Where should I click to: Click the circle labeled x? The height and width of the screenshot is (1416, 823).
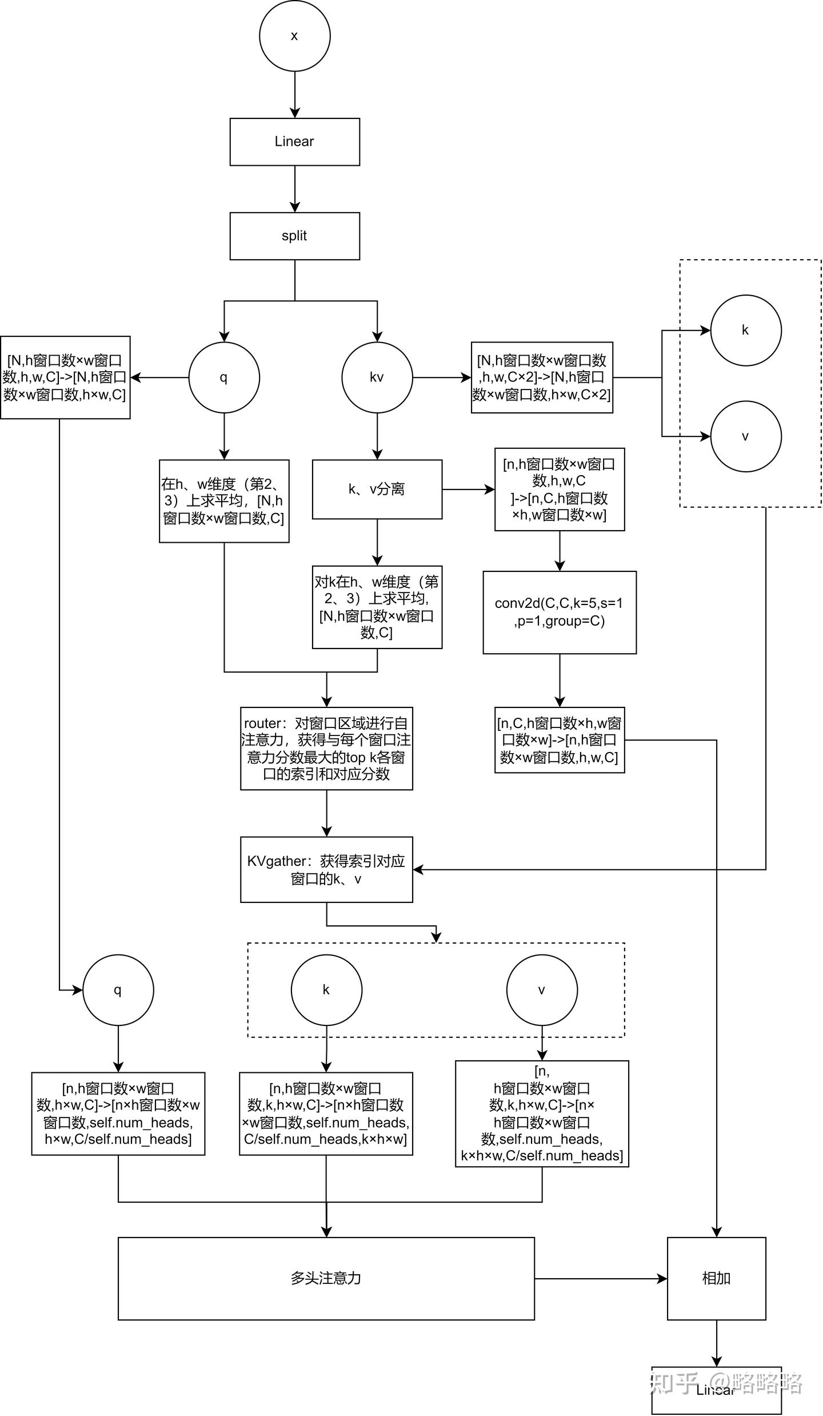click(x=294, y=35)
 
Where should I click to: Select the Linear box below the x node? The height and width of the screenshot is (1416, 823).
click(x=294, y=142)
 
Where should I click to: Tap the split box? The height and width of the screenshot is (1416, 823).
click(x=294, y=236)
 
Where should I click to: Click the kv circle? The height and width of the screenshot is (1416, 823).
click(x=377, y=377)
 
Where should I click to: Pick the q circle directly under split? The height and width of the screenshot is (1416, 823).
click(x=224, y=377)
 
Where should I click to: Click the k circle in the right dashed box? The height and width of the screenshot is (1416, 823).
click(x=745, y=330)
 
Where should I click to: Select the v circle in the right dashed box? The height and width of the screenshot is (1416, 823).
click(x=745, y=436)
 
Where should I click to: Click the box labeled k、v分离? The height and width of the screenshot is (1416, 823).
click(x=377, y=489)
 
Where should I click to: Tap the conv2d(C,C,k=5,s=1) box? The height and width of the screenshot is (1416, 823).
click(x=559, y=612)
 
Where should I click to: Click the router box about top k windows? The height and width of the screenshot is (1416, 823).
click(x=326, y=748)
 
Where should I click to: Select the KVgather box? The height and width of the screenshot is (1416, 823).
click(x=326, y=869)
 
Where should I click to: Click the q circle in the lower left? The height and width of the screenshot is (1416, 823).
click(x=118, y=990)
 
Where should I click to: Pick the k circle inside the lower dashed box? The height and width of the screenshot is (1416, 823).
click(x=326, y=990)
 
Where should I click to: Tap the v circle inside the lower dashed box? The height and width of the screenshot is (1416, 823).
click(x=542, y=990)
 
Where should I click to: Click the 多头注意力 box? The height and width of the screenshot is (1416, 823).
click(x=326, y=1278)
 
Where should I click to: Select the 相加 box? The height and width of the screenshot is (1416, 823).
click(x=716, y=1278)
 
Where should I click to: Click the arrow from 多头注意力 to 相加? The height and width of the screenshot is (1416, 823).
click(x=600, y=1278)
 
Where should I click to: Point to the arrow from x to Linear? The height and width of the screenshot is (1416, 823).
click(x=294, y=94)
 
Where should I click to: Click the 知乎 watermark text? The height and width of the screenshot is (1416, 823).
click(x=674, y=1383)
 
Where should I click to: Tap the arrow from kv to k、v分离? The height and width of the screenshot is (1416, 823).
click(x=377, y=436)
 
